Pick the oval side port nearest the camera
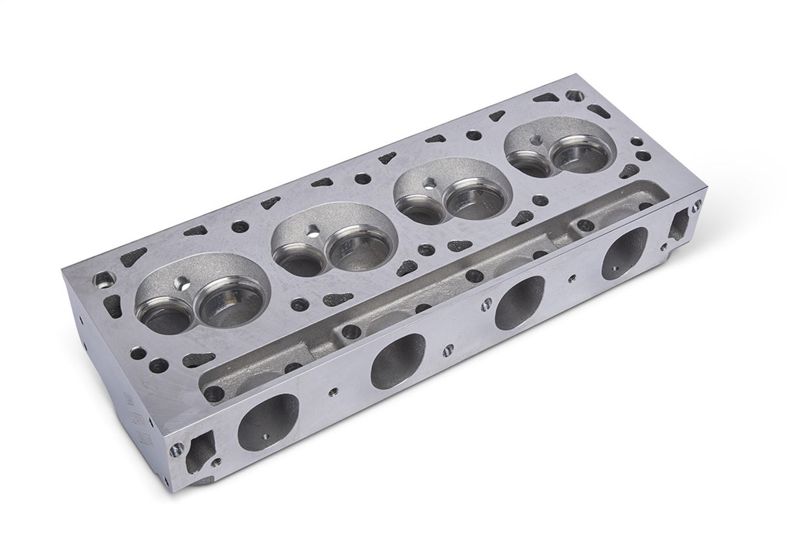[x=268, y=421]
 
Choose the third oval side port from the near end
[x=519, y=302]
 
